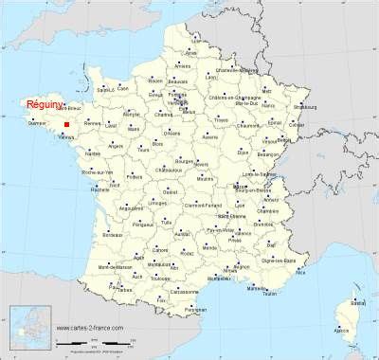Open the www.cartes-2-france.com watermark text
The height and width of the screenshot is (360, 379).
tap(91, 331)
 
